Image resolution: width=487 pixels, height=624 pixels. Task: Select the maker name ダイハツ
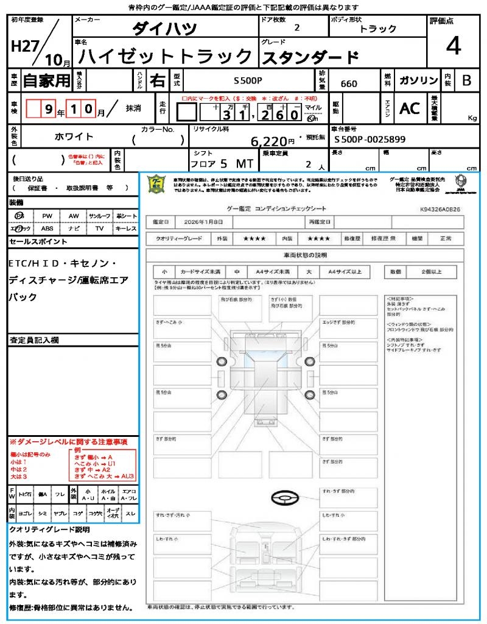point(164,28)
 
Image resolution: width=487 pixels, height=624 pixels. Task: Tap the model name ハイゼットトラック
point(166,57)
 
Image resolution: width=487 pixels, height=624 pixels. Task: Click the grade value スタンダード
point(310,58)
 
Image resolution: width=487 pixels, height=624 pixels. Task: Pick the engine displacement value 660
point(349,84)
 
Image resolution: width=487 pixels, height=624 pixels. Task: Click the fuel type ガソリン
point(418,81)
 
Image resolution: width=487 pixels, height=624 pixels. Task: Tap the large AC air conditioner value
point(410,108)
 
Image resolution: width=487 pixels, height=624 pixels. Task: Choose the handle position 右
point(157,80)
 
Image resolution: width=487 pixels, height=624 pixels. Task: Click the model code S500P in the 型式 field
point(248,80)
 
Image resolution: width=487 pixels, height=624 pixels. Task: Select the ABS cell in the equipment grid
point(47,229)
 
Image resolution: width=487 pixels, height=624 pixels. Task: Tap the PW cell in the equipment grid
point(47,216)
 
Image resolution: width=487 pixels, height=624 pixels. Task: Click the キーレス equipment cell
point(126,229)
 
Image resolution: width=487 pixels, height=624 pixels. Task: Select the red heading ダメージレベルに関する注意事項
point(68,441)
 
